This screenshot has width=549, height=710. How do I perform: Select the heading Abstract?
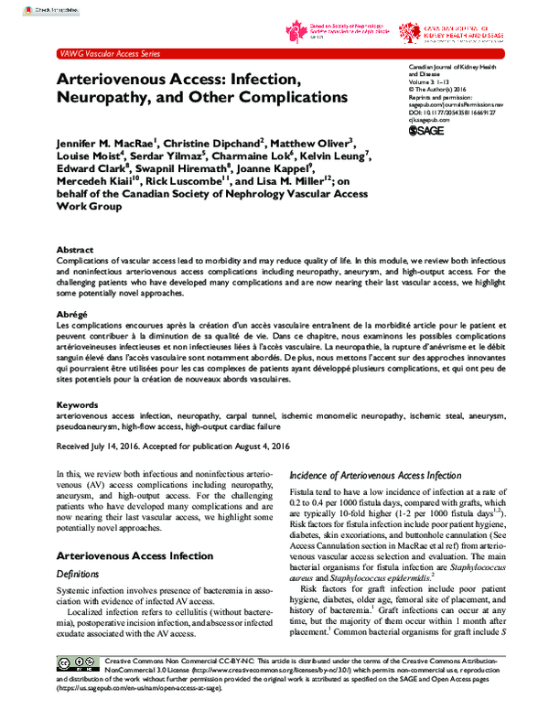click(x=75, y=249)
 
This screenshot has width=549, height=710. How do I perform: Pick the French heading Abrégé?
click(x=73, y=313)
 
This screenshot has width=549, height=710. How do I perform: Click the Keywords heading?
click(x=77, y=403)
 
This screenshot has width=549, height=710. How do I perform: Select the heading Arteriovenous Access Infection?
click(x=135, y=555)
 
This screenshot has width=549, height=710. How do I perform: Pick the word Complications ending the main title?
click(x=286, y=96)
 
